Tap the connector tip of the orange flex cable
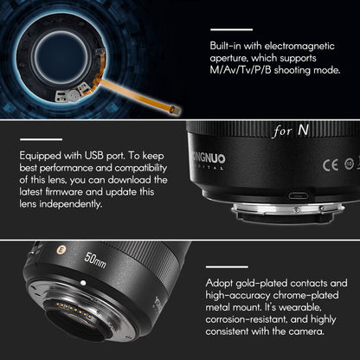pos(174,109)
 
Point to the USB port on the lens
pos(297,196)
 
